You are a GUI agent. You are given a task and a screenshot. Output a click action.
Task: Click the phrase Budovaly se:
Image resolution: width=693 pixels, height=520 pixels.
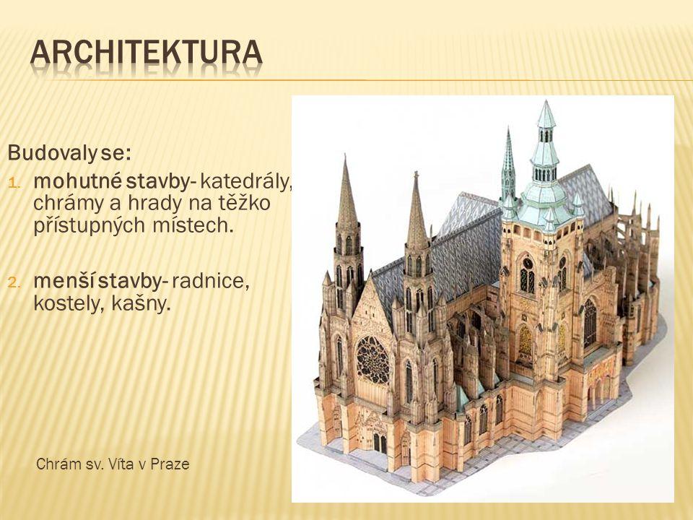[69, 153]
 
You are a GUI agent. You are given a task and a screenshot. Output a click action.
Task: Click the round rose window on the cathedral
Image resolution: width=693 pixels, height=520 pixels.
[372, 359]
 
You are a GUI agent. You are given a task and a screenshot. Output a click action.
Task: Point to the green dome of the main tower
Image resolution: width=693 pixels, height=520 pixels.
[542, 194]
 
